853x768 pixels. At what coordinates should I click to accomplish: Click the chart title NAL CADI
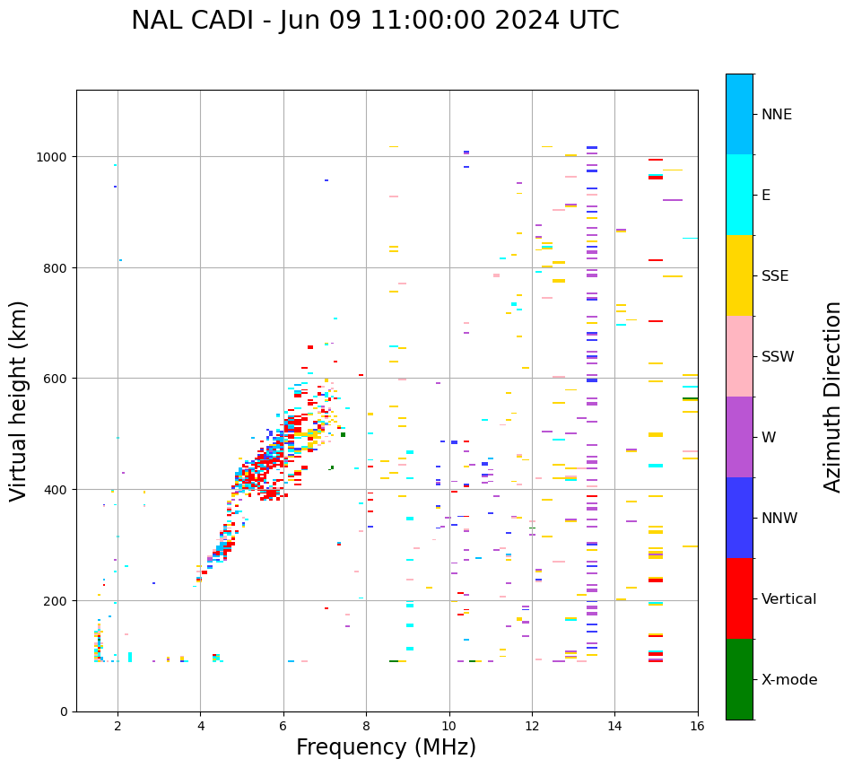[375, 21]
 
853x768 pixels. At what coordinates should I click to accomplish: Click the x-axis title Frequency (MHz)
[386, 747]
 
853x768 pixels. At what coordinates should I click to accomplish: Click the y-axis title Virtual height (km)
[19, 400]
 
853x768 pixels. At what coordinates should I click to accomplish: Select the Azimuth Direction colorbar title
[833, 397]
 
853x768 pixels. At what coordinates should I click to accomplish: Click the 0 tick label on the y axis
[63, 711]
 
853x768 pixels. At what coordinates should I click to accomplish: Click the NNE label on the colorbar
[777, 115]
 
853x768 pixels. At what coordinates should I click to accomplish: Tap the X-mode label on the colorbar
[789, 680]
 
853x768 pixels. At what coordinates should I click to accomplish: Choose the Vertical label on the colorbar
[789, 599]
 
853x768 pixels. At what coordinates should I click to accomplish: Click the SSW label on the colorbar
[778, 357]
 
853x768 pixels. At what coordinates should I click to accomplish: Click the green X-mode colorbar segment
[739, 679]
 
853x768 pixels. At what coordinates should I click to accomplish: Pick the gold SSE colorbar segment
[739, 275]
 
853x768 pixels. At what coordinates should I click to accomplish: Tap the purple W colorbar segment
[739, 437]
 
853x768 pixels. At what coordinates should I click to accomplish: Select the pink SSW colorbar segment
[739, 356]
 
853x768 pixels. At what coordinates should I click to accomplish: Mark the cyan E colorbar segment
[739, 195]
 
